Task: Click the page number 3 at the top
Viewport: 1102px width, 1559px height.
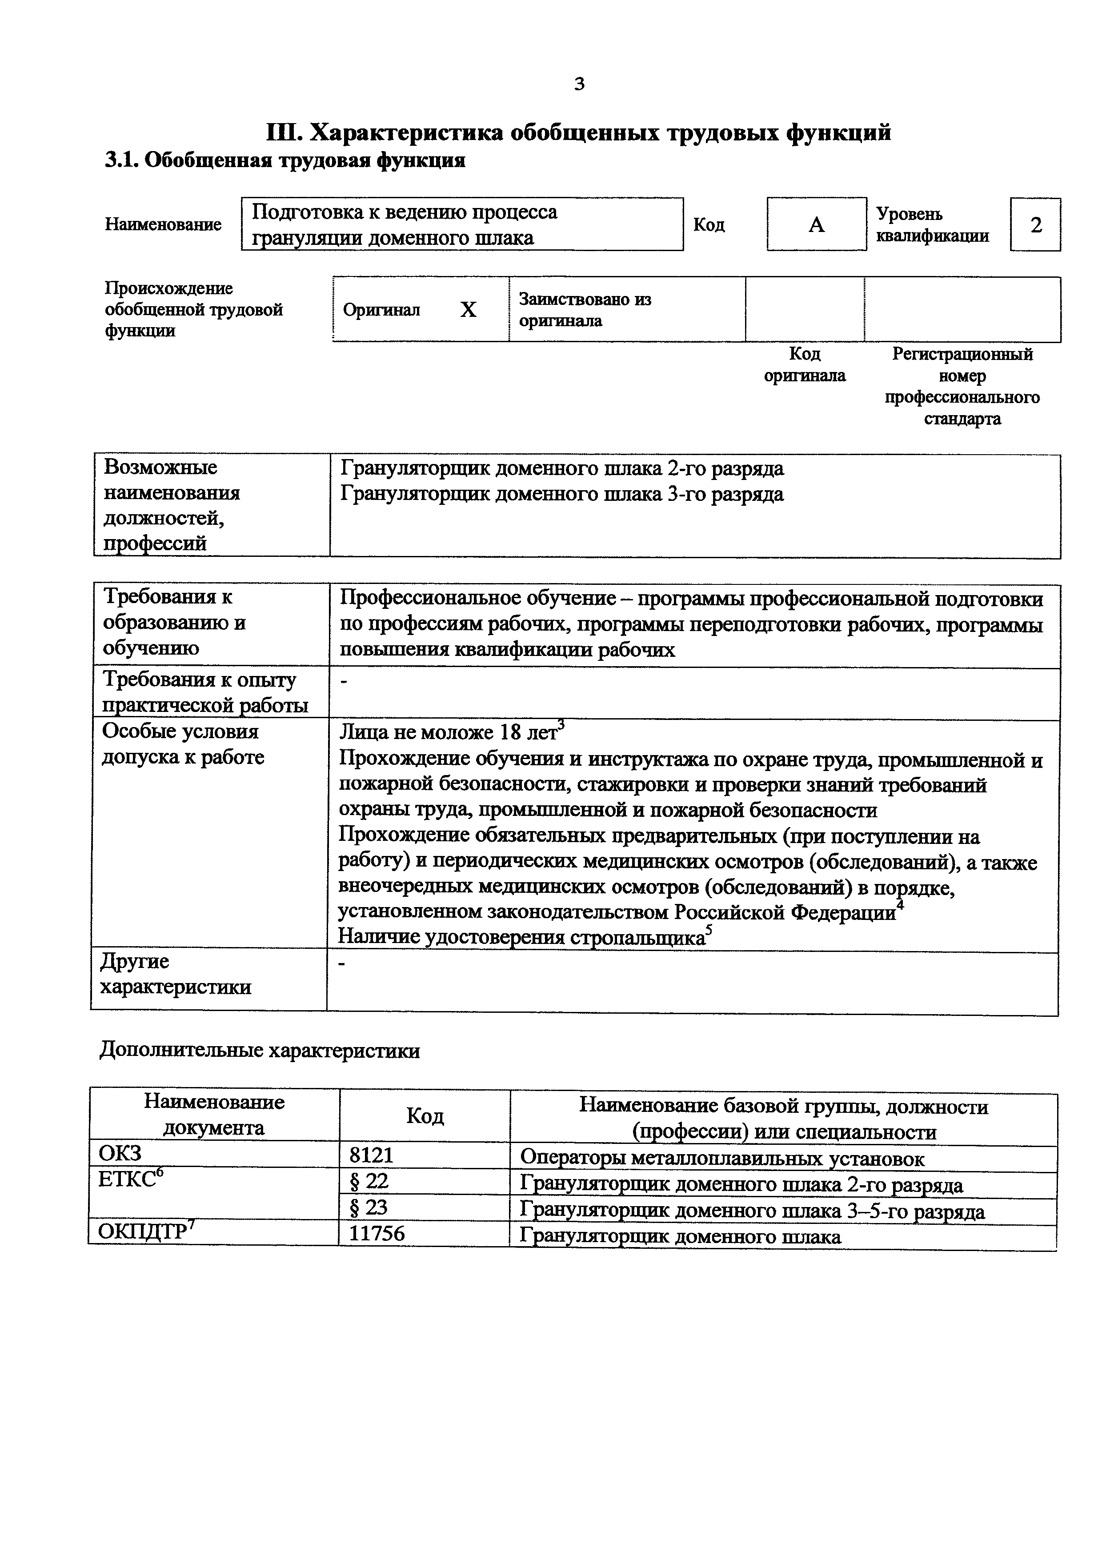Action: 579,84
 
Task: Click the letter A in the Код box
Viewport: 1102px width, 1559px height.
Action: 816,225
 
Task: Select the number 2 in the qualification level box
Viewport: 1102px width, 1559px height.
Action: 1035,225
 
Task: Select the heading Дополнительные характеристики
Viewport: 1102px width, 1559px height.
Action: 260,1051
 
